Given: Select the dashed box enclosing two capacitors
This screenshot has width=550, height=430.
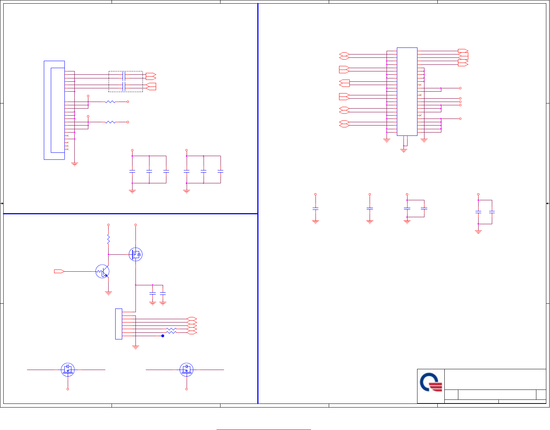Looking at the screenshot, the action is click(126, 81).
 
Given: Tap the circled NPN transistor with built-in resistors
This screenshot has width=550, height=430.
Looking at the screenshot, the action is click(102, 271).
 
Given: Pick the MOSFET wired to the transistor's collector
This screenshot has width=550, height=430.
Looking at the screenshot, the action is click(135, 254).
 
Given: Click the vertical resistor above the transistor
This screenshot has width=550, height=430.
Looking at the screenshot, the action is click(108, 239).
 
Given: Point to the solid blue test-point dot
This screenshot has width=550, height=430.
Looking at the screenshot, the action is click(163, 336).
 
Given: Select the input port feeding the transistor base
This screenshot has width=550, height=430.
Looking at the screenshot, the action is click(59, 271).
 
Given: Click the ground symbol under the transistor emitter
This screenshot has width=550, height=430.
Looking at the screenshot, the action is click(108, 293).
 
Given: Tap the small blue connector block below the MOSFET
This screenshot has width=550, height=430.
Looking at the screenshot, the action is click(119, 324).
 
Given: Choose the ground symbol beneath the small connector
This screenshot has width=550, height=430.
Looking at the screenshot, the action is click(135, 347).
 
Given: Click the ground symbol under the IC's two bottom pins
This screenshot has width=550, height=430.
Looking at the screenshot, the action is click(404, 150).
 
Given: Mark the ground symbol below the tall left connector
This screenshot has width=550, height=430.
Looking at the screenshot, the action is click(75, 164).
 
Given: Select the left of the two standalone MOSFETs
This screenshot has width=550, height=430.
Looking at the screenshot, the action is click(68, 369).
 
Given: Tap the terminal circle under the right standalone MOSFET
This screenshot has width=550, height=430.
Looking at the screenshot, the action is click(187, 389).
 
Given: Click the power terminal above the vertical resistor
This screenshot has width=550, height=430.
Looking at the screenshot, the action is click(108, 225).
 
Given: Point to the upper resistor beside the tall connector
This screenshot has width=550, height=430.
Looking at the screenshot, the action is click(110, 102).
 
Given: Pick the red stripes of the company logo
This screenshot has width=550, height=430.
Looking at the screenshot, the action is click(437, 387).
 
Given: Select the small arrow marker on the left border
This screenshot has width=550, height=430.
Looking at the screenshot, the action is click(2, 203).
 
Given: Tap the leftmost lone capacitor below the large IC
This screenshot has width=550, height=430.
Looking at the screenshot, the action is click(315, 209).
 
